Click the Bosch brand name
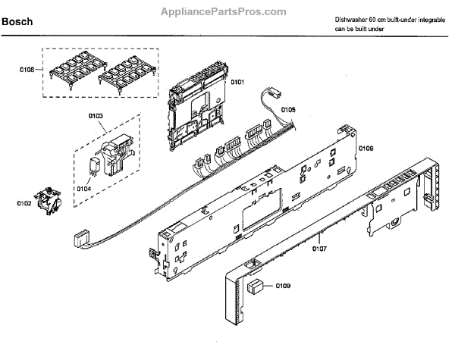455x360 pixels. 17,23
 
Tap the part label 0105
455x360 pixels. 288,110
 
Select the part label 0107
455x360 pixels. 319,248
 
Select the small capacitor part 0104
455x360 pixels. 96,169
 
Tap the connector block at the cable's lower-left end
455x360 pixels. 77,239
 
